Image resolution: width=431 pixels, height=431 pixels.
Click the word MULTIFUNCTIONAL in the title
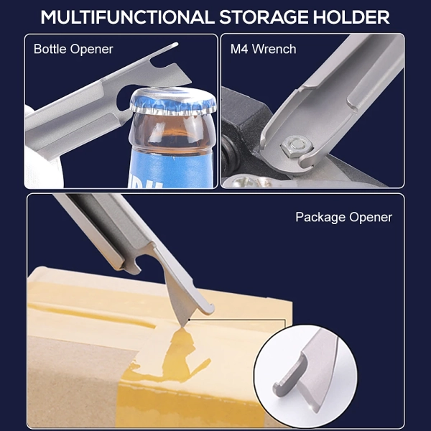click(128, 17)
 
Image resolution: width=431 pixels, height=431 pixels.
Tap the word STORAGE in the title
click(264, 17)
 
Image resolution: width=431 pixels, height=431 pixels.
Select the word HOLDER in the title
click(351, 17)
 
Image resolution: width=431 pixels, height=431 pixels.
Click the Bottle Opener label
click(73, 50)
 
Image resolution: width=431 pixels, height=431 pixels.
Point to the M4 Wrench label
click(264, 49)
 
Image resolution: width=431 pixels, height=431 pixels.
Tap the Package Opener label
click(344, 218)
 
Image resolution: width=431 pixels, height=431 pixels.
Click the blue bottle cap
click(173, 101)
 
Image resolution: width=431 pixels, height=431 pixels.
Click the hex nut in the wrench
click(297, 147)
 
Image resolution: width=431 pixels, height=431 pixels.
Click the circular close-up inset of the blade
click(305, 376)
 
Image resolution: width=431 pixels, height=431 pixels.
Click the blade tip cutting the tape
click(182, 325)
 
